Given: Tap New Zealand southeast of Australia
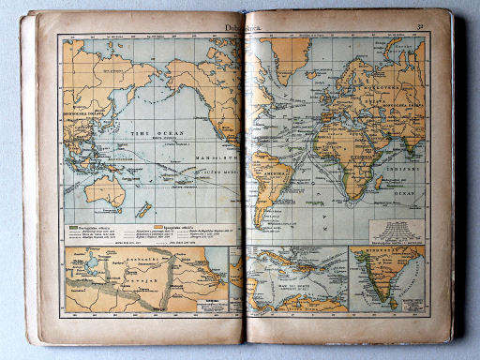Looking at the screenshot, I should pyautogui.click(x=143, y=209).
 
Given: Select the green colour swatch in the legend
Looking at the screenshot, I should pyautogui.click(x=72, y=228).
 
